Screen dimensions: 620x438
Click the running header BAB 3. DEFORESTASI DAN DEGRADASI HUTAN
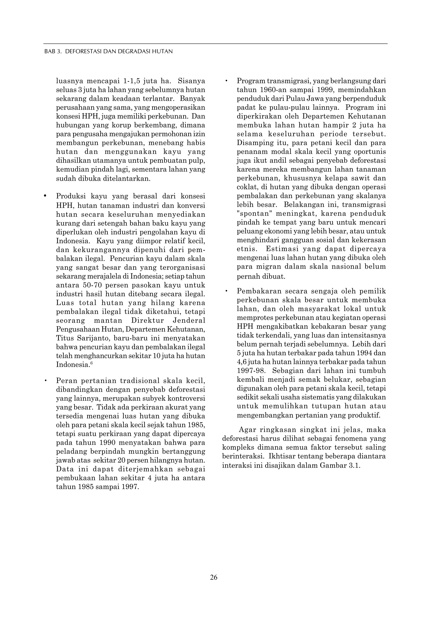point(108,51)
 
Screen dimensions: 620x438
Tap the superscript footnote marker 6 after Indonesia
point(92,363)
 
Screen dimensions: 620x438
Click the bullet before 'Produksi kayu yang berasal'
point(45,195)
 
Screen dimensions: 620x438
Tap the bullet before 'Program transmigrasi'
point(226,81)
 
